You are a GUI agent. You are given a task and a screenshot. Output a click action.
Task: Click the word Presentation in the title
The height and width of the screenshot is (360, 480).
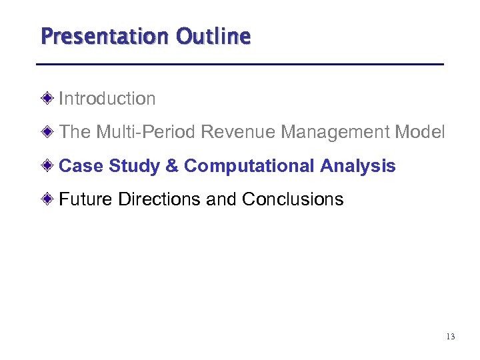click(x=105, y=36)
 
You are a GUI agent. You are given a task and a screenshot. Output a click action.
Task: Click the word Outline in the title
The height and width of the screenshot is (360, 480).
click(x=213, y=36)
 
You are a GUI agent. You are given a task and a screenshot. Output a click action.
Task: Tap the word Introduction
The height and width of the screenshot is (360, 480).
click(x=107, y=99)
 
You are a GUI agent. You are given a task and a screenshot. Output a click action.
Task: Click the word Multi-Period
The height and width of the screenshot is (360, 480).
click(x=145, y=132)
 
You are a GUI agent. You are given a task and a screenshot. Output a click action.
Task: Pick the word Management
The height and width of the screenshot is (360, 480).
click(x=335, y=132)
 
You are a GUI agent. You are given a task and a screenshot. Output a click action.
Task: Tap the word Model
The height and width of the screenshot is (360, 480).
click(x=419, y=132)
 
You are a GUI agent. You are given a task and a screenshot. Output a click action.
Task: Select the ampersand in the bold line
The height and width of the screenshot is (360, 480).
click(x=171, y=165)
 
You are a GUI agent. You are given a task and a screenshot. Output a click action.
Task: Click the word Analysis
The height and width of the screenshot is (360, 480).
click(x=358, y=165)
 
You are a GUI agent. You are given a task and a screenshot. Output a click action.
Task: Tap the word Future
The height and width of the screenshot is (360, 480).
click(x=86, y=199)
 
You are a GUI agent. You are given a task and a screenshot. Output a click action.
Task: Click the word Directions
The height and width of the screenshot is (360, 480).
click(x=160, y=199)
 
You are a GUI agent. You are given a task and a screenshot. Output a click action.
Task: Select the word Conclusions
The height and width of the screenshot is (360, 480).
click(x=293, y=199)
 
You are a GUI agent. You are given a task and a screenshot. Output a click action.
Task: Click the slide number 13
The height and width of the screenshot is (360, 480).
click(x=450, y=337)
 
